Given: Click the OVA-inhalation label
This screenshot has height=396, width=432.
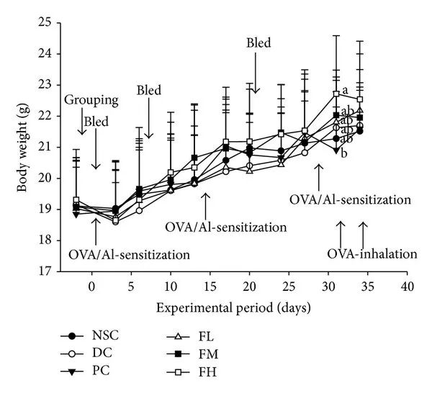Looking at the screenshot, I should click(372, 254).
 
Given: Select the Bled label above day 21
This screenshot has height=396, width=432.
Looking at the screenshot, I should click(258, 43).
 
